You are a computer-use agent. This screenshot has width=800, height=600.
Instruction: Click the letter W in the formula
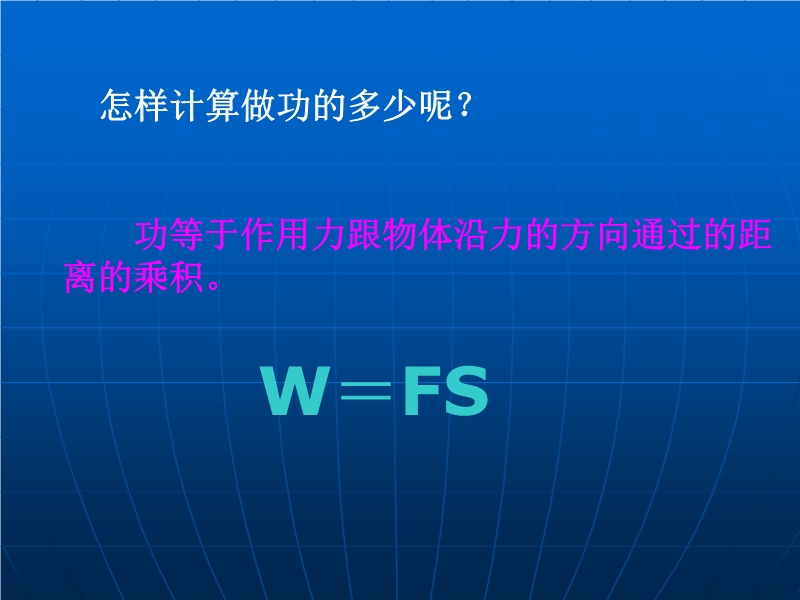(x=295, y=391)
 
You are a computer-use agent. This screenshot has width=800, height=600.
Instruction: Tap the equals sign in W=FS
(x=366, y=392)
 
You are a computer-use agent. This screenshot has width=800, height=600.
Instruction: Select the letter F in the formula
(x=421, y=391)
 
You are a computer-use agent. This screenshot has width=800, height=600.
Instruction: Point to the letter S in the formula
(x=466, y=391)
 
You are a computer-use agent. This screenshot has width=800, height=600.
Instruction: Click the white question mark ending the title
(x=464, y=105)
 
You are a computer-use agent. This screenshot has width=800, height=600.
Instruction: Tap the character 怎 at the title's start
(x=117, y=106)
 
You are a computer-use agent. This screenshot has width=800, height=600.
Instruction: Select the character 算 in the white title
(x=223, y=106)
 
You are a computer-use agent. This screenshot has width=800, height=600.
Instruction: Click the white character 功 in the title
(x=294, y=106)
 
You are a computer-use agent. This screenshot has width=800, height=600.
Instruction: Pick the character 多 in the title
(x=365, y=106)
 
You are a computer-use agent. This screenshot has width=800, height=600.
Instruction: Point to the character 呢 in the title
(x=436, y=106)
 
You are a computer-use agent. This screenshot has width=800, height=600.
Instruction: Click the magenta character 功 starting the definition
(x=152, y=235)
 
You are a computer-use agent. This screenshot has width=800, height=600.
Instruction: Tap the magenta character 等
(x=188, y=235)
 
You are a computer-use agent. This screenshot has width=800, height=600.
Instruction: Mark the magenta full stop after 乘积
(x=214, y=286)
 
